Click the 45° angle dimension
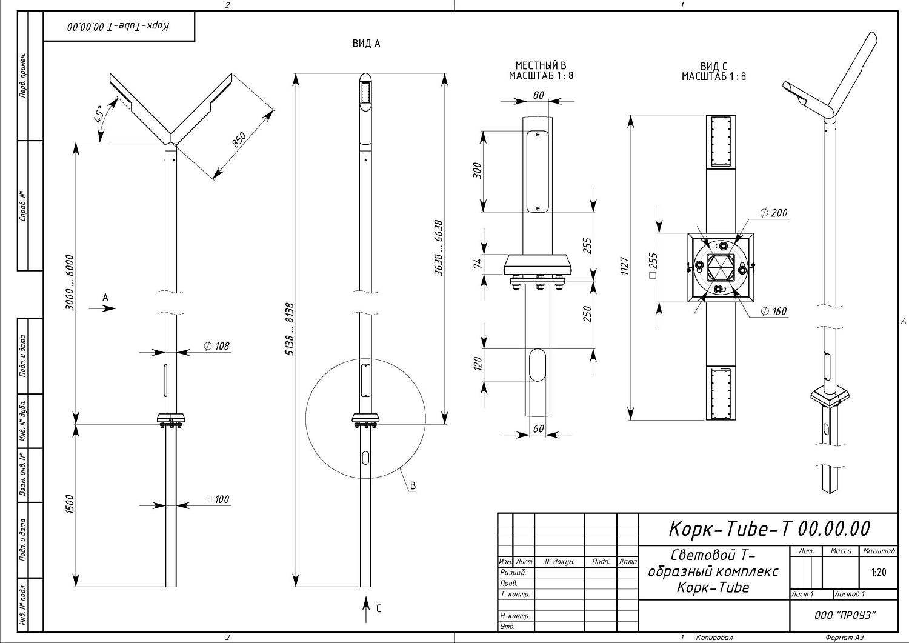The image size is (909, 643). [99, 113]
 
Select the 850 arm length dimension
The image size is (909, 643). [239, 140]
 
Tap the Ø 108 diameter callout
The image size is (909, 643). [216, 346]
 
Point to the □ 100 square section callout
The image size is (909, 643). [217, 499]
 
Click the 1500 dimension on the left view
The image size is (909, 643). [70, 505]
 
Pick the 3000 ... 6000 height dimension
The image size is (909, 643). [70, 282]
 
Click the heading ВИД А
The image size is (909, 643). [366, 44]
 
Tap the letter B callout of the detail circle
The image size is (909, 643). [413, 485]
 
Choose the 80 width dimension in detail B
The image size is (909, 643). [538, 95]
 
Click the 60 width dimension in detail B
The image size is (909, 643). [538, 429]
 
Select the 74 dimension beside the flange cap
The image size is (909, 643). [478, 263]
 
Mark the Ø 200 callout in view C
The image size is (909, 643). [774, 213]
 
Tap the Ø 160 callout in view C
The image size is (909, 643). [774, 312]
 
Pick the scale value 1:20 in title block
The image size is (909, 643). [878, 572]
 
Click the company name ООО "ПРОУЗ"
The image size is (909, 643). [845, 615]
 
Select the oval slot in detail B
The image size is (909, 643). [537, 364]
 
